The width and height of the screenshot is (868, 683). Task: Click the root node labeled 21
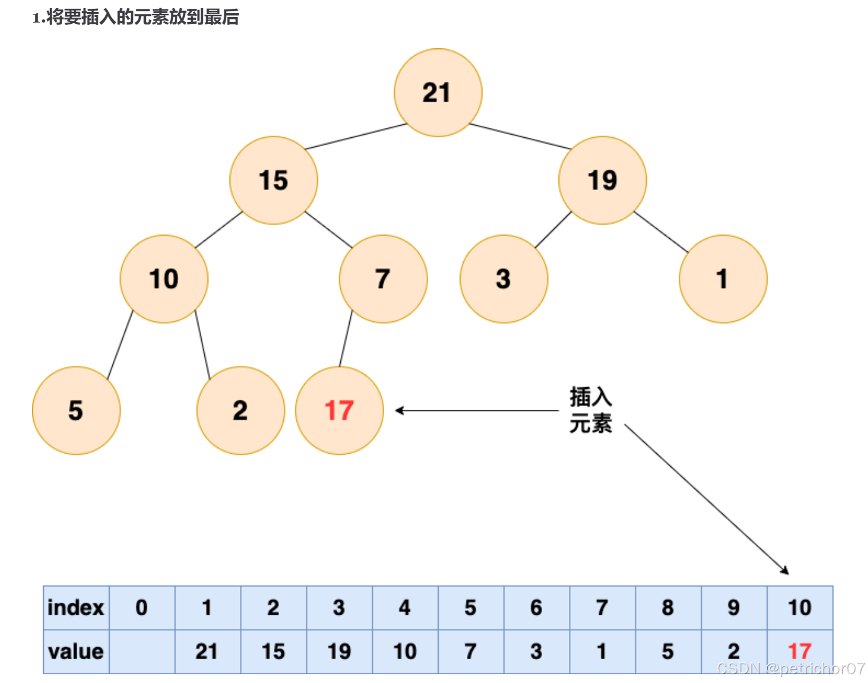(x=437, y=93)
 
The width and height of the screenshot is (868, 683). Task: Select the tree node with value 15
(x=273, y=180)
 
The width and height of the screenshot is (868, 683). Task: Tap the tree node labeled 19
(x=602, y=180)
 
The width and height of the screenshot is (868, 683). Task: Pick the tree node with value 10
(x=164, y=279)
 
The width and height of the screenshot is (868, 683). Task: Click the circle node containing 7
(x=383, y=279)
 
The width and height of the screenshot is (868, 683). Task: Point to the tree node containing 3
(x=503, y=279)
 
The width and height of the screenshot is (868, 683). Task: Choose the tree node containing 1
(x=723, y=279)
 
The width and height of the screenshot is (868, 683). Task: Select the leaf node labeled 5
(x=76, y=410)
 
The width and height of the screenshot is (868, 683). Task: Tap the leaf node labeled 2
(x=240, y=410)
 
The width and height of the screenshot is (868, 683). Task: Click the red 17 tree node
(x=339, y=410)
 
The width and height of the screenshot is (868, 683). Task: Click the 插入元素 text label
(x=590, y=410)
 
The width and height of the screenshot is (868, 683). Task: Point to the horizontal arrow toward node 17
(x=476, y=410)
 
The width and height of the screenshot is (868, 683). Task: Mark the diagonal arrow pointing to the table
(x=706, y=499)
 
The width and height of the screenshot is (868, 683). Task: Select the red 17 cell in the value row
(x=800, y=651)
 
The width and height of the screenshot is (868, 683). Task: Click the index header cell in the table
(x=76, y=608)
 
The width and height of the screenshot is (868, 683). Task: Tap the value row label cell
(x=76, y=652)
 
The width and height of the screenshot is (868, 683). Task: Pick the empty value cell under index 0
(x=142, y=652)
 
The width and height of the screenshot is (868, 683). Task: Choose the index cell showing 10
(x=800, y=608)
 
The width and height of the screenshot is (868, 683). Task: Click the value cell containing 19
(x=339, y=652)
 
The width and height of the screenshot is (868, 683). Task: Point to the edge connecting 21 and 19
(x=520, y=137)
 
